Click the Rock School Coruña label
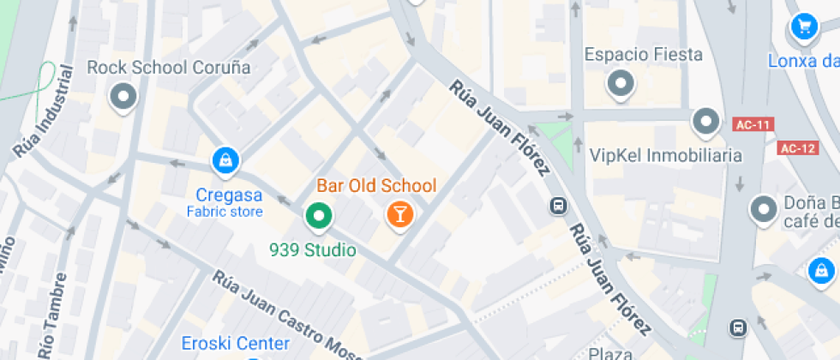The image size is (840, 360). tap(169, 68)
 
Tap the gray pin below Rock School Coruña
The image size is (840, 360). tap(125, 97)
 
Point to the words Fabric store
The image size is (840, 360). tap(225, 211)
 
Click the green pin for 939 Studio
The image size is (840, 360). tap(319, 216)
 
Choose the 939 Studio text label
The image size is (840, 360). tap(312, 250)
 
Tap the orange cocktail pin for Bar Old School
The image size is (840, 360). tap(399, 214)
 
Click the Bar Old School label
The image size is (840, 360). tap(376, 185)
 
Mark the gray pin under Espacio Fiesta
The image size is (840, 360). tap(620, 84)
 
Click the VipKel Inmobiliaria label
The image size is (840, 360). tap(665, 156)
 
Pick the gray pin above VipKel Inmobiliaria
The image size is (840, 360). tap(705, 123)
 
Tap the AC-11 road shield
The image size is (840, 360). tap(754, 125)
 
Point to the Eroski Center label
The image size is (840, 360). tap(235, 344)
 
